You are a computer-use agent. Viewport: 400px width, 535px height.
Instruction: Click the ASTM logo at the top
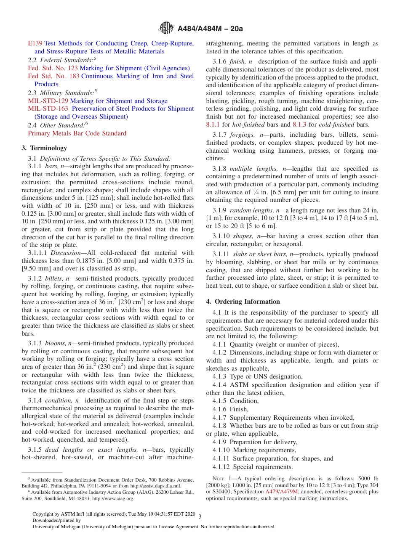tap(166, 28)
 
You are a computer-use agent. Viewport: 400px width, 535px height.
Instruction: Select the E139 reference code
tap(35, 43)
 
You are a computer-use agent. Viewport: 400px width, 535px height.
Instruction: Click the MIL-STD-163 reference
tap(48, 109)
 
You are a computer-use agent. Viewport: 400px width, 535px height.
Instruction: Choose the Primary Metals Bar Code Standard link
tap(77, 133)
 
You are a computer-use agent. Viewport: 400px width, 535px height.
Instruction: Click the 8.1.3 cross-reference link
tap(299, 124)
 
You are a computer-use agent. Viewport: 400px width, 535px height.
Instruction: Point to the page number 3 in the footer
tap(200, 516)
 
